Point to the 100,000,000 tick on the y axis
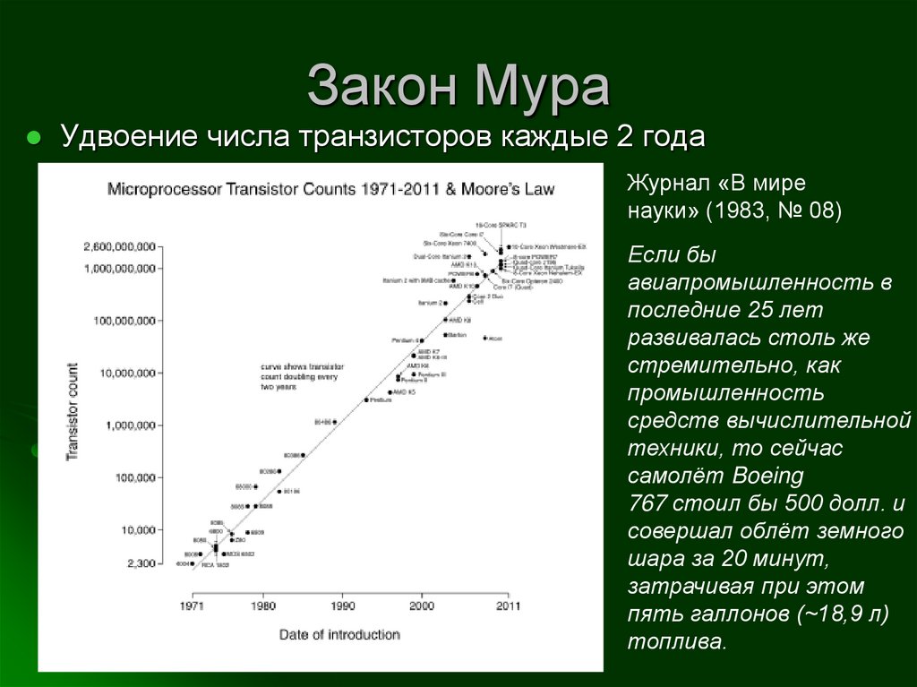click(x=119, y=320)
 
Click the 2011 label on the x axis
click(x=508, y=605)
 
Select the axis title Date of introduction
click(x=339, y=634)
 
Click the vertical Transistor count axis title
click(x=72, y=412)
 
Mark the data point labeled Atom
click(x=484, y=338)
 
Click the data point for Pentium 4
click(x=422, y=340)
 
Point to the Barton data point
click(x=445, y=334)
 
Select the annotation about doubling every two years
click(x=296, y=376)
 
